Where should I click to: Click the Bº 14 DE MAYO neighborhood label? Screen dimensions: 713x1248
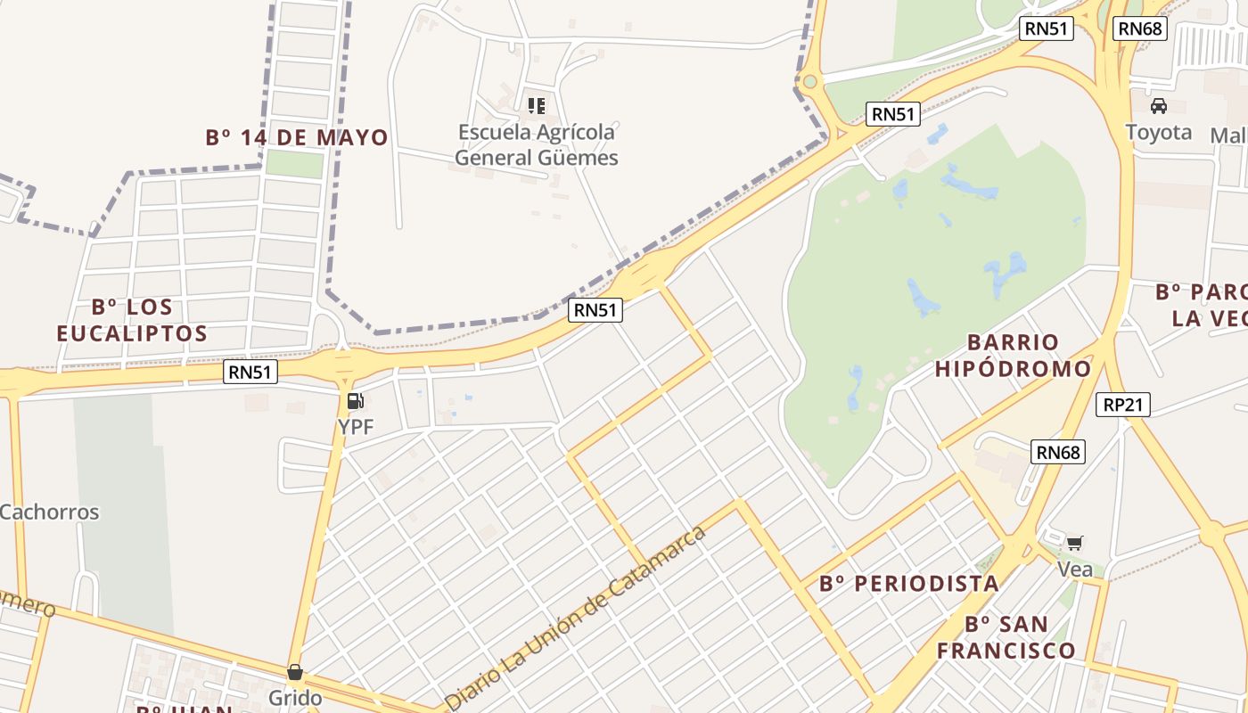coord(297,137)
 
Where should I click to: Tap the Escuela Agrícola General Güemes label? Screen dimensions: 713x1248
coord(536,145)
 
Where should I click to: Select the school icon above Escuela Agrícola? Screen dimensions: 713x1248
coord(536,106)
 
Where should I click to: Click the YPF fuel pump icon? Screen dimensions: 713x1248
coord(355,401)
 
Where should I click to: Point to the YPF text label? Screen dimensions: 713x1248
coord(355,427)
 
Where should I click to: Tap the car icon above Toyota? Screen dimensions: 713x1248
coord(1158,106)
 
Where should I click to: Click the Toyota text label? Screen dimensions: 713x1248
coord(1158,132)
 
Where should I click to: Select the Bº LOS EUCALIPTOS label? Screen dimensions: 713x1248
coord(132,320)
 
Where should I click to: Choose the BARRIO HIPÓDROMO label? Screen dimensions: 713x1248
coord(1013,355)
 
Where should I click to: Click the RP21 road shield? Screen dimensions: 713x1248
coord(1122,405)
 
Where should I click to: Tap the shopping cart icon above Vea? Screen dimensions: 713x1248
coord(1074,542)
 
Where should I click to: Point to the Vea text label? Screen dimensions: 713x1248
coord(1074,568)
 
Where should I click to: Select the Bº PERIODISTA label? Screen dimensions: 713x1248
coord(908,584)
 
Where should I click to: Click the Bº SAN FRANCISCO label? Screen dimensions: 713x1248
coord(1006,636)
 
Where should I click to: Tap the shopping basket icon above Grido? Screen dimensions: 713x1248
coord(294,671)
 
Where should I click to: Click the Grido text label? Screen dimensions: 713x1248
coord(294,697)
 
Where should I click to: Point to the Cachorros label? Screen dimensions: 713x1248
coord(49,512)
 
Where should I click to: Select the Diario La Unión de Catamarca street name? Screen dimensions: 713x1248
coord(575,617)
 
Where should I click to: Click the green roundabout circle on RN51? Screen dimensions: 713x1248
coord(809,82)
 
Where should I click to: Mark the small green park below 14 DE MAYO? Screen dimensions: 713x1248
coord(294,164)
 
